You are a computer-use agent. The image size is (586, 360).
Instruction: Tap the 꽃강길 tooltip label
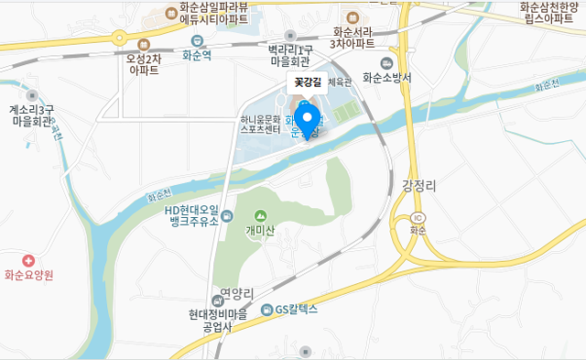coord(307,82)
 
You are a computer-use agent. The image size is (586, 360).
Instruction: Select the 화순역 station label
coord(197,55)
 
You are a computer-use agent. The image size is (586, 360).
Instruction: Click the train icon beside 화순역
coord(197,40)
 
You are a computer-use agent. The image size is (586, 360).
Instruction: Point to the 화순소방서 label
coord(387,78)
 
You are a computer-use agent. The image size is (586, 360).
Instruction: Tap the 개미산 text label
coord(260,231)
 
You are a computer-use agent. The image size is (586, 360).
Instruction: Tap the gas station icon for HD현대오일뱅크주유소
coord(227,215)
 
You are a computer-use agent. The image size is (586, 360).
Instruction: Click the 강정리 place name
coord(419,185)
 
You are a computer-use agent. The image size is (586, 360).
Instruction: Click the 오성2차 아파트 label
coord(144,63)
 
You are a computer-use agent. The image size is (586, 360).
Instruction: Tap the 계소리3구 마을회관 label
coord(33,115)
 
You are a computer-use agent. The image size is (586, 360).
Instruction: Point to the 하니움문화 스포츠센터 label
coord(260,125)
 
